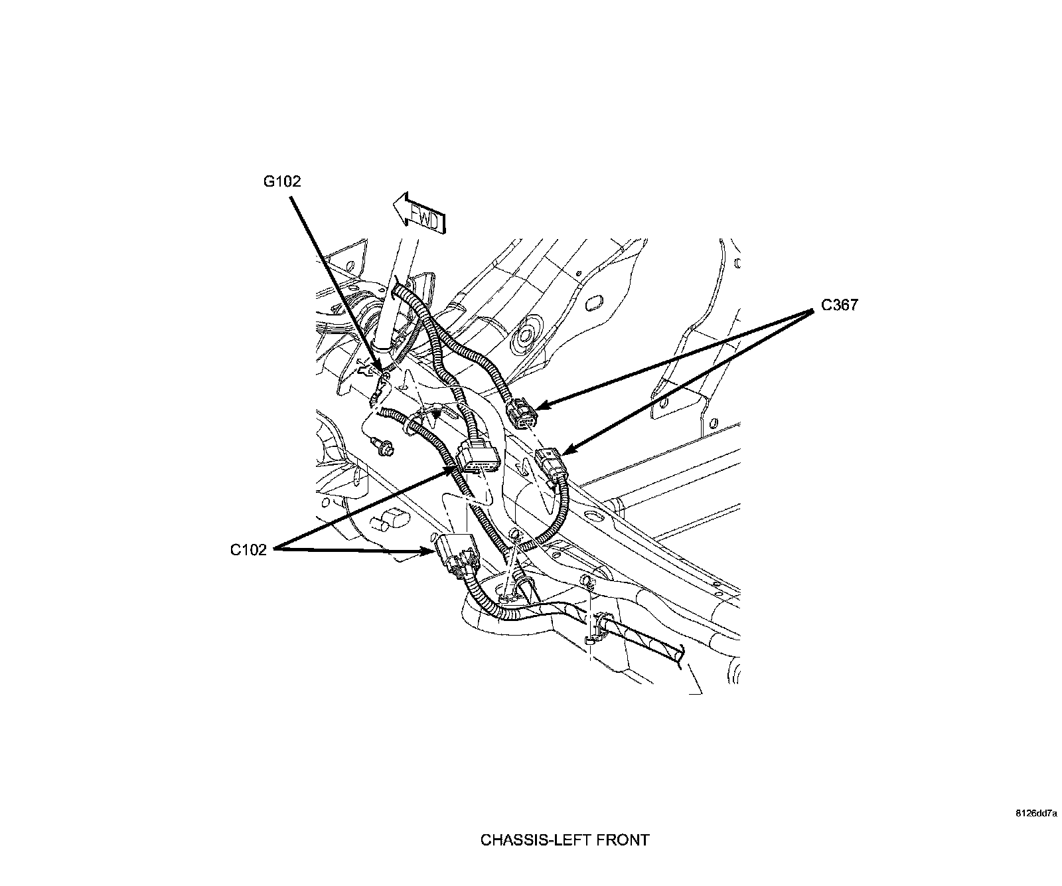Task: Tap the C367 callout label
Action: tap(839, 306)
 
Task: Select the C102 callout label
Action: tap(248, 549)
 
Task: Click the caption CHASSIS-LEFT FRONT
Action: tap(564, 840)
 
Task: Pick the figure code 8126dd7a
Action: tap(1035, 812)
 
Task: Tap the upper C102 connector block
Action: tap(477, 456)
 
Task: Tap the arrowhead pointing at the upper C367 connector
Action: tap(539, 405)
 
